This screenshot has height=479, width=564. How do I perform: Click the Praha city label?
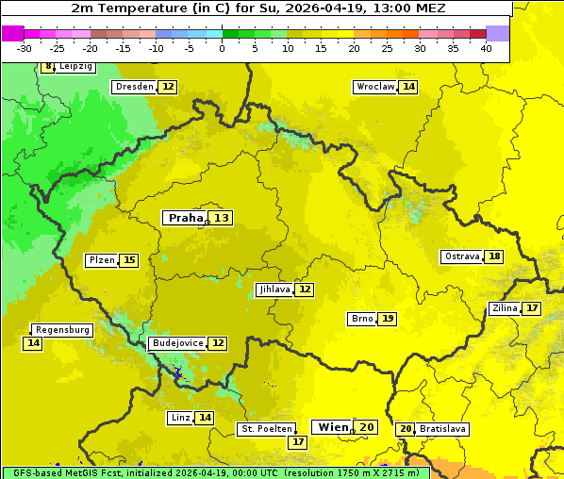[x=185, y=218]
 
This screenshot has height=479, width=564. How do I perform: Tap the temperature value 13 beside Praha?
[x=221, y=218]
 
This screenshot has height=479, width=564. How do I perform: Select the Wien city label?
[x=333, y=427]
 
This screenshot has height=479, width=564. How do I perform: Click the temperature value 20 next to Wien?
[x=367, y=427]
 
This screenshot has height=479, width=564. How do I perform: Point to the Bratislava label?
[x=442, y=429]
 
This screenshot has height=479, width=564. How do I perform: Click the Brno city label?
[x=361, y=319]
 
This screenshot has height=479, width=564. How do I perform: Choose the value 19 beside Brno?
[x=388, y=319]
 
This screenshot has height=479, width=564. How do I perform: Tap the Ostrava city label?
[x=461, y=256]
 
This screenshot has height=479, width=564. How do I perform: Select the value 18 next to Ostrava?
[x=494, y=256]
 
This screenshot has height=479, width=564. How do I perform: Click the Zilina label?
[x=505, y=308]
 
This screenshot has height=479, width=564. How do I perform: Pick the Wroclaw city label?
[x=374, y=87]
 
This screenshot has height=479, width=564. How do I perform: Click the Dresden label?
[x=134, y=87]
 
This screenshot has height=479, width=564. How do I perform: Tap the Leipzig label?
[x=75, y=67]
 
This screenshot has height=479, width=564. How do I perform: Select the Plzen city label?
[x=102, y=260]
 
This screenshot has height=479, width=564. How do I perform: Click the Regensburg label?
[x=62, y=330]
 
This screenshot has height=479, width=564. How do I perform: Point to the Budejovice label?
[x=177, y=343]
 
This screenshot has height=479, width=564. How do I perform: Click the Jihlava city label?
[x=274, y=289]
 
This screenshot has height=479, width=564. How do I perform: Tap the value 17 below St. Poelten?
[x=298, y=441]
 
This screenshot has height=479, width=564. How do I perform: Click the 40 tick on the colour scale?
[x=486, y=47]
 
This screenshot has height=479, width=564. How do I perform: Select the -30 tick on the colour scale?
[x=25, y=47]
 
